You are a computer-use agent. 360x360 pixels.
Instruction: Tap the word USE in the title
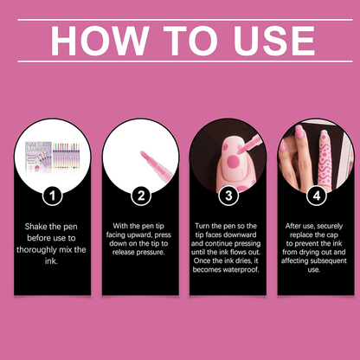(274, 41)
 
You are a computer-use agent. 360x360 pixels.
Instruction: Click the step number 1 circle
(53, 196)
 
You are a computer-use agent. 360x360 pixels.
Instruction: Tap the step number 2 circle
(141, 196)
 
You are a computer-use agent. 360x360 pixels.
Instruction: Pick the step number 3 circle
(228, 196)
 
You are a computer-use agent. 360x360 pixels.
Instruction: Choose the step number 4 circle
(317, 196)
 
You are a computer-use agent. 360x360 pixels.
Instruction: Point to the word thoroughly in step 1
(36, 250)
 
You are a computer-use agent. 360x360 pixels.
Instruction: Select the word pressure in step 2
(150, 253)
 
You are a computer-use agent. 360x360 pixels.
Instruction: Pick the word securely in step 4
(329, 226)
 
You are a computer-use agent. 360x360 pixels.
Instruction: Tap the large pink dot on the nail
(233, 162)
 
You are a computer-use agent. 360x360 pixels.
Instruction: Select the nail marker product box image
(38, 157)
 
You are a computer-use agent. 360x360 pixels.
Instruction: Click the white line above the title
(185, 20)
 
